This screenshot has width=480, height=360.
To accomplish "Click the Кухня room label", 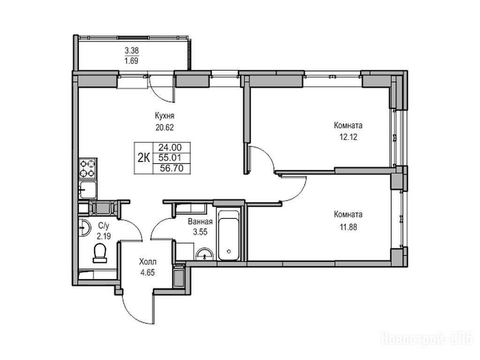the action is (x=165, y=116).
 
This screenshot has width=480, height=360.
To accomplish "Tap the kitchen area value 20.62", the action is (x=165, y=127).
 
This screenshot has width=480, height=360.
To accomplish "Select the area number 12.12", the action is (x=348, y=137).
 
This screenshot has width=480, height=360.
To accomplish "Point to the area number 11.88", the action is (x=348, y=227).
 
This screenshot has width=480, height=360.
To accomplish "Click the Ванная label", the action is (x=200, y=221).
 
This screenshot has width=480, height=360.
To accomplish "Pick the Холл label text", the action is (x=148, y=262).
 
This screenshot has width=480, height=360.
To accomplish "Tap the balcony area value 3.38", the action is (x=132, y=50).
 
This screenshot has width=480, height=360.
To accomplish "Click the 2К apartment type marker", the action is (x=143, y=158).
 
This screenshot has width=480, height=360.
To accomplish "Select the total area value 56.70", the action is (x=172, y=168).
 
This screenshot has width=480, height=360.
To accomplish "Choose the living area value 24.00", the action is (x=170, y=147).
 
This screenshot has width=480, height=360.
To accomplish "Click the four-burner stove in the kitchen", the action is (x=88, y=169).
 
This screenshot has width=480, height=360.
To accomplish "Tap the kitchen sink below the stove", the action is (x=88, y=189).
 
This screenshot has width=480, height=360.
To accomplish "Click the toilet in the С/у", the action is (x=99, y=253).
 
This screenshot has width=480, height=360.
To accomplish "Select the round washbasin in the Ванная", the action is (x=204, y=255).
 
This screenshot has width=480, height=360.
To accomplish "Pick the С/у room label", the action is (x=104, y=226).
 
